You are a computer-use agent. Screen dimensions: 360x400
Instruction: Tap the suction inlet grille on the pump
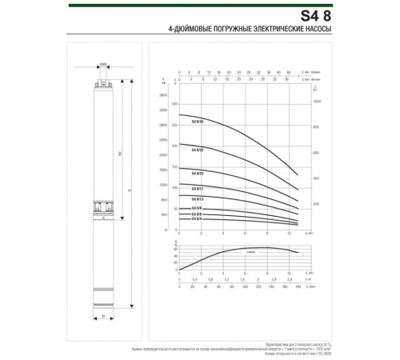(x=103, y=206)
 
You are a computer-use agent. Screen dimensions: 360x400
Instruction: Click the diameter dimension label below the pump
(x=103, y=317)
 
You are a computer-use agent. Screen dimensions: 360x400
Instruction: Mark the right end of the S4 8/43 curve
(x=298, y=174)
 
